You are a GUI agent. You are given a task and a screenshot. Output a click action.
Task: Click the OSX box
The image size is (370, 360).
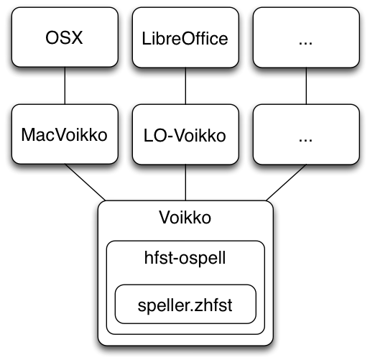click(x=65, y=37)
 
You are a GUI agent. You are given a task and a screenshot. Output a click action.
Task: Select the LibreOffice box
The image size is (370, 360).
click(x=185, y=37)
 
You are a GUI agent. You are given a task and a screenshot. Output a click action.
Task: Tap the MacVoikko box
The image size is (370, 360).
click(x=65, y=134)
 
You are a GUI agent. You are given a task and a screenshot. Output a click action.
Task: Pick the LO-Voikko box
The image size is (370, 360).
click(x=185, y=134)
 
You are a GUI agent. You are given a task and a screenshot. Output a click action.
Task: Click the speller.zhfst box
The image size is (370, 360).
click(x=185, y=304)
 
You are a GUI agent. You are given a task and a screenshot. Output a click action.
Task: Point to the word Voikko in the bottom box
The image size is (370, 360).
click(x=185, y=218)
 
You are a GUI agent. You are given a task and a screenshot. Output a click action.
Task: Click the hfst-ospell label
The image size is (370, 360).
click(x=185, y=258)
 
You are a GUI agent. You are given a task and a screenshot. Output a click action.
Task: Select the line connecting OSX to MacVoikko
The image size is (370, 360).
click(x=65, y=86)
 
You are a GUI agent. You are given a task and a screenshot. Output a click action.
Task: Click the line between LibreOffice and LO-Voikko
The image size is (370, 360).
click(x=185, y=86)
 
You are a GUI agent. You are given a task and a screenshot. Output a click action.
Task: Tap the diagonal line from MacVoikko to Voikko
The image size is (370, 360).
click(x=85, y=183)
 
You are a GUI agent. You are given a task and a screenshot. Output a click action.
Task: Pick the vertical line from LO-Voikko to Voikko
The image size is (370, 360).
click(x=185, y=183)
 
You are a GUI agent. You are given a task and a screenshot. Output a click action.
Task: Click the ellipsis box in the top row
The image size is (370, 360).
click(x=306, y=37)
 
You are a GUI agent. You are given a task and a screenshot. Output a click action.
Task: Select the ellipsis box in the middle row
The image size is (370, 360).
click(x=306, y=134)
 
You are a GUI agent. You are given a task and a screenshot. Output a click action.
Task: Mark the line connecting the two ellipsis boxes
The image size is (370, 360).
click(x=306, y=86)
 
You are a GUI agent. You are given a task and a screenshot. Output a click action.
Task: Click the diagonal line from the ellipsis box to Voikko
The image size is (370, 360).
click(x=286, y=183)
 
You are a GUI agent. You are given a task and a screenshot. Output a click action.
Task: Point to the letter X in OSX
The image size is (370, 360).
click(x=77, y=37)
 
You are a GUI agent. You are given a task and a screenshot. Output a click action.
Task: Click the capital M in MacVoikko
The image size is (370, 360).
click(x=28, y=134)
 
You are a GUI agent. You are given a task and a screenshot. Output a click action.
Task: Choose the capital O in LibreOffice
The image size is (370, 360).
click(x=188, y=39)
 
